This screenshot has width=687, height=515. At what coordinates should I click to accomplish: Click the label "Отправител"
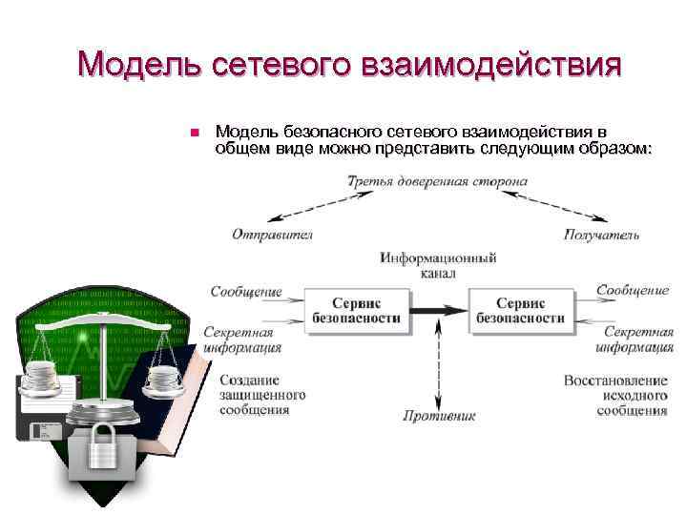[272, 234]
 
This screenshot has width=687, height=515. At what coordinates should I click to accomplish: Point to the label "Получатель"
[602, 234]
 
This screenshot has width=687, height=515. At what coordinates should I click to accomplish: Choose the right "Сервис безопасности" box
[520, 310]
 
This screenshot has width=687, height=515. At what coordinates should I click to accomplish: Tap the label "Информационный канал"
[438, 265]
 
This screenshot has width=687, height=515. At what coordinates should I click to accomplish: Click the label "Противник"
[439, 416]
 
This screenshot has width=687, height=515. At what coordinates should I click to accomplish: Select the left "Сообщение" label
[246, 291]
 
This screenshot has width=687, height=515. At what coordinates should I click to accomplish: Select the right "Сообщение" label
[633, 290]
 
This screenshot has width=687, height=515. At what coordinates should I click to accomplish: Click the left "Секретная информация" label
[241, 340]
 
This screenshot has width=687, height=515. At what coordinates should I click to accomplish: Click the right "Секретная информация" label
[638, 340]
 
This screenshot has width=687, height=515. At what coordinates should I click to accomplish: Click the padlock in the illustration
[102, 448]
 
